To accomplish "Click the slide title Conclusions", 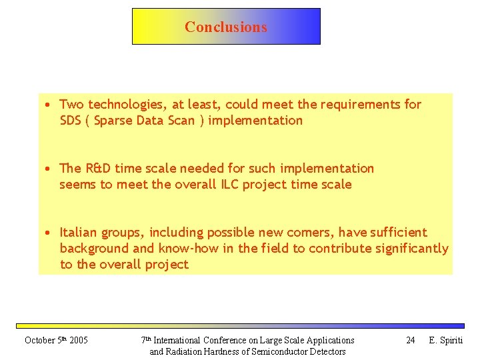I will click(226, 27).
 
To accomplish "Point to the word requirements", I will click(361, 105).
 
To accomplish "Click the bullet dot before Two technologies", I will click(49, 105).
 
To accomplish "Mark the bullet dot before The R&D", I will click(49, 169).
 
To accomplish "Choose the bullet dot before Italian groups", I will click(49, 233).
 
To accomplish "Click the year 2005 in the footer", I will click(78, 341).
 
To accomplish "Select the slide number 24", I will click(411, 341).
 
